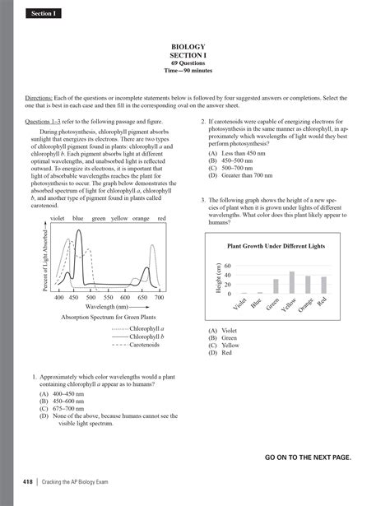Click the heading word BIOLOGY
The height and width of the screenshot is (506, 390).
(x=194, y=47)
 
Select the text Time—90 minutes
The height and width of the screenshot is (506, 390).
(x=194, y=70)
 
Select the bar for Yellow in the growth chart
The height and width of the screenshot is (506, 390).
(x=292, y=283)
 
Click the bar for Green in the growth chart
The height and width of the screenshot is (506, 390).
(x=276, y=286)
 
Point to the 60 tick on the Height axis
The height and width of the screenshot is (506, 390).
(x=228, y=266)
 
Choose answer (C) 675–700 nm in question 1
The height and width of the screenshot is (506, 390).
(x=67, y=408)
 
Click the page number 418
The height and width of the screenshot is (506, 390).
(x=20, y=480)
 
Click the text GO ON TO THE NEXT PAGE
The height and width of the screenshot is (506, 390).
(x=307, y=456)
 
